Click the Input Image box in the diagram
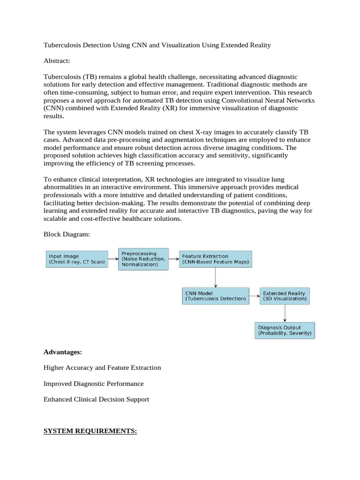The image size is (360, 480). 77,260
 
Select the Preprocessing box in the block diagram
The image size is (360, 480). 144,259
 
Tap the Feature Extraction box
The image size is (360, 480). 216,259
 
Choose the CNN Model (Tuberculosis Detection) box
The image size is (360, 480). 216,296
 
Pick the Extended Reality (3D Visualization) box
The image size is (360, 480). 285,296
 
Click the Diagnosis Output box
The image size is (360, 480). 285,330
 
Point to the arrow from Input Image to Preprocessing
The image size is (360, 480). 113,258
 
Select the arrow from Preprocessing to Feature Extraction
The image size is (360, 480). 174,258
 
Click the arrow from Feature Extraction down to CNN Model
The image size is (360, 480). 216,277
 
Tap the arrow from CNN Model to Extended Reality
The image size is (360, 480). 254,296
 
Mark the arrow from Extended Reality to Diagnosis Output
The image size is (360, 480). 285,313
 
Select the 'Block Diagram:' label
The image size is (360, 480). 66,234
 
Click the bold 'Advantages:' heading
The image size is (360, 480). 62,352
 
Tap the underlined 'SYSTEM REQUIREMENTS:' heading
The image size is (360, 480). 90,431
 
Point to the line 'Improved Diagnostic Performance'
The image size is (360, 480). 93,383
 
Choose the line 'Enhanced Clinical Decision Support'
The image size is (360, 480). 96,399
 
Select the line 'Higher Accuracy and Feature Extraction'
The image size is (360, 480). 102,367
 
